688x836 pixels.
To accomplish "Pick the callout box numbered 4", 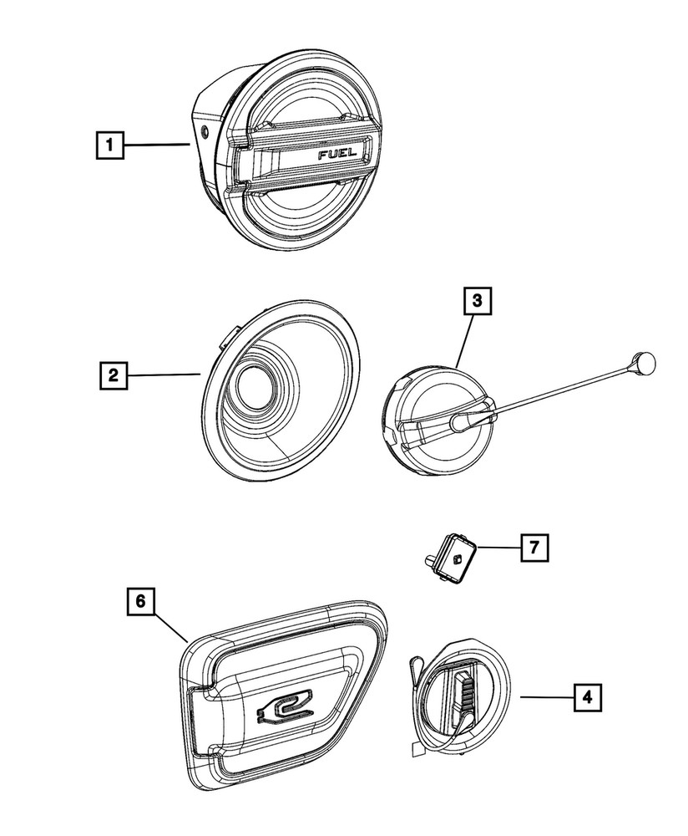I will tap(589, 696).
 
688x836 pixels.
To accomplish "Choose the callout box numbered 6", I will tap(141, 600).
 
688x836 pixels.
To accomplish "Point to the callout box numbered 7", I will tap(534, 548).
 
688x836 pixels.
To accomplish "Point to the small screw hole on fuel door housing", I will tap(205, 130).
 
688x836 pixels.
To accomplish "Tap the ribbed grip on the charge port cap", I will tap(464, 691).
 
